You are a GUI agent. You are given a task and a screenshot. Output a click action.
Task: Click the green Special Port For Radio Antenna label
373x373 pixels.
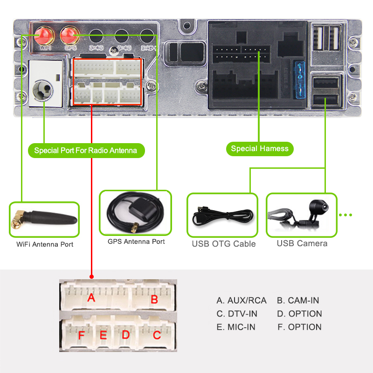(x=86, y=151)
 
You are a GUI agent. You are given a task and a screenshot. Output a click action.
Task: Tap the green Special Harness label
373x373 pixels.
(x=260, y=149)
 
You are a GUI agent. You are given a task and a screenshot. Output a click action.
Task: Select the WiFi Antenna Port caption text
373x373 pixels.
(x=45, y=244)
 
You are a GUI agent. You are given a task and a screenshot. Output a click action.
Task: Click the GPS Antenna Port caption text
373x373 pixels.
(x=136, y=242)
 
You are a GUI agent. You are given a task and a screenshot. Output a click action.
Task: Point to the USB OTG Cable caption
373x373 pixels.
(x=224, y=243)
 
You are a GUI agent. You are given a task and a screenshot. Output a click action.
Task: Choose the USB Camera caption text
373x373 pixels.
(x=302, y=243)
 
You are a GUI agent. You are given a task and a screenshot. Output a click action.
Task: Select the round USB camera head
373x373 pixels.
(x=318, y=206)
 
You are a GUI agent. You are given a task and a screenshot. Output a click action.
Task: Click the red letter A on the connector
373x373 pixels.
(x=91, y=297)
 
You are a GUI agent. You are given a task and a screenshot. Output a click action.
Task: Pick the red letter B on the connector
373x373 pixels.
(x=154, y=299)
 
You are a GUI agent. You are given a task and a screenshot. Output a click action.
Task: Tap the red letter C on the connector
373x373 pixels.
(x=157, y=334)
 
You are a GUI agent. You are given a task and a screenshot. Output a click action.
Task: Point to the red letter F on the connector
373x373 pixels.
(x=82, y=335)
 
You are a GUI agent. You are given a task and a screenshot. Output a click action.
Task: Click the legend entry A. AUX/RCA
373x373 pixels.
(x=242, y=301)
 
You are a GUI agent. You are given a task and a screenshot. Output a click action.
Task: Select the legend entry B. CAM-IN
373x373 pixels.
(x=298, y=301)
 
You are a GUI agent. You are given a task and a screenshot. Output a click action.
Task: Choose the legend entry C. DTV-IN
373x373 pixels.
(x=237, y=314)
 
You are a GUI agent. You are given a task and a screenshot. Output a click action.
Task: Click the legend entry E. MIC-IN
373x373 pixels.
(x=236, y=327)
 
